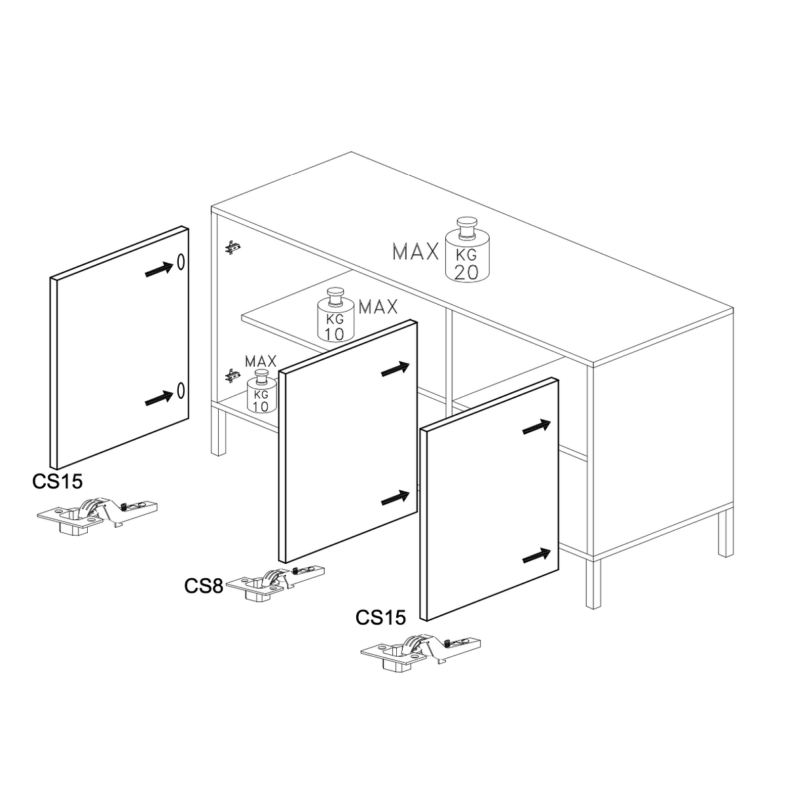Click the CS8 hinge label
click(204, 586)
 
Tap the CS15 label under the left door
click(58, 481)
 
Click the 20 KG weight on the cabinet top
click(467, 250)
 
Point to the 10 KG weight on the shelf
click(335, 315)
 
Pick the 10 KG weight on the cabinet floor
click(261, 391)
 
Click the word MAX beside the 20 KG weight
click(415, 251)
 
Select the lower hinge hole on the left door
click(181, 390)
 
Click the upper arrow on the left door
click(159, 269)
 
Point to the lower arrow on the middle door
click(396, 498)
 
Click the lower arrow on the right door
click(537, 556)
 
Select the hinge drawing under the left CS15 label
click(98, 515)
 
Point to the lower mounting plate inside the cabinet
click(233, 375)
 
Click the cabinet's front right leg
click(593, 583)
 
